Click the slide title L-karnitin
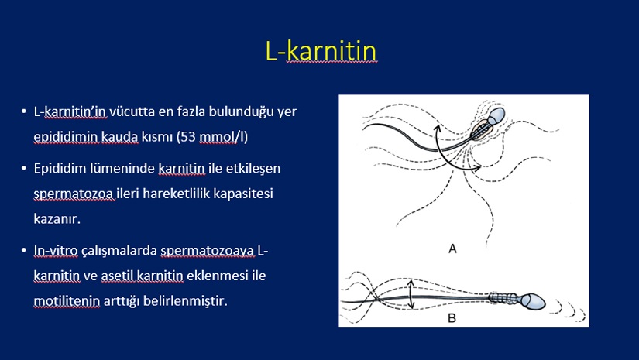(321, 51)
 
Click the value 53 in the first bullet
(188, 137)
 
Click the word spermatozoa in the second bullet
(74, 194)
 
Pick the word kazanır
(57, 219)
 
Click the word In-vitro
(56, 250)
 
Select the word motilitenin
(67, 301)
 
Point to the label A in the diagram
(452, 249)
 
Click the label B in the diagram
(452, 317)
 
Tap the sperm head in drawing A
(496, 115)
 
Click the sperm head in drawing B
(532, 302)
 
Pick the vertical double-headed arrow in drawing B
(411, 294)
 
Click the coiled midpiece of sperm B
(503, 299)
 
